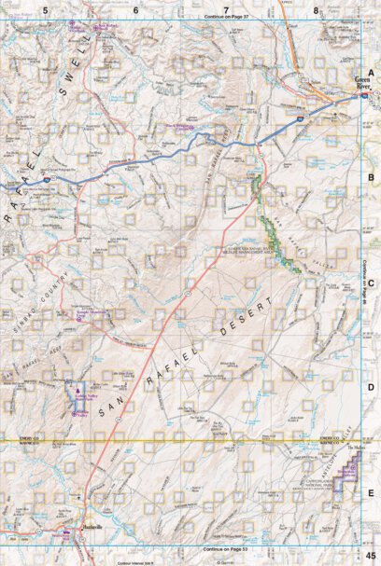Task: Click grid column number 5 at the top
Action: coord(45,9)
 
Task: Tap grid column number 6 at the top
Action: coord(135,9)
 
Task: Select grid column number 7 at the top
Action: coord(226,9)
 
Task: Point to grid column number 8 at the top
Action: coord(316,9)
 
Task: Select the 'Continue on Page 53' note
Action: coord(225,549)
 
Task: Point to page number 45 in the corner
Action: coord(371,556)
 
